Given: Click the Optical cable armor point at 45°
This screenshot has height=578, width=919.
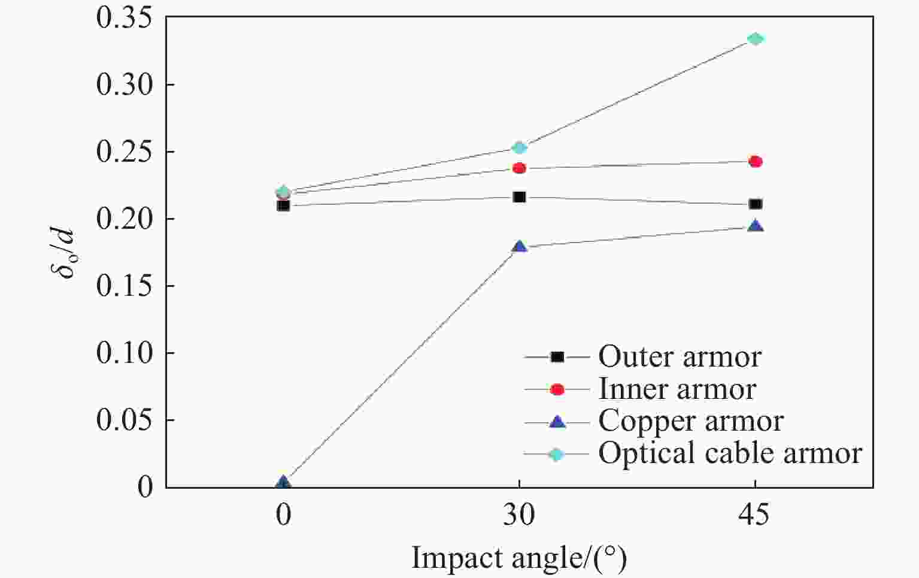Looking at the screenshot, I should pos(756,39).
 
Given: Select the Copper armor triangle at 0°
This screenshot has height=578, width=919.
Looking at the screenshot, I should pos(283,482).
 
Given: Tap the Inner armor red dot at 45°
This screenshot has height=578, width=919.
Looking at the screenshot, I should pos(756,161).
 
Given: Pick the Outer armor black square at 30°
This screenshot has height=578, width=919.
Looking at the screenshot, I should pos(519,197).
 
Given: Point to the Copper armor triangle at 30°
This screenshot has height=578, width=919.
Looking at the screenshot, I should pos(519,246).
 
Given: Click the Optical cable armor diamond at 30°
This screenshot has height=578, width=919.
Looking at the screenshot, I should pos(519,147).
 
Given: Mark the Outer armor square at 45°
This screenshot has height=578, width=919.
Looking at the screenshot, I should pos(756,204).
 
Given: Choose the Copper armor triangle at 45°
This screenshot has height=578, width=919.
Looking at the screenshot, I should pos(756,226).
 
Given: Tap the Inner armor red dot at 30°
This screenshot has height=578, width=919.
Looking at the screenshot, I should pos(519,168).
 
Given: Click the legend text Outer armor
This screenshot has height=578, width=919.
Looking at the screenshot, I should pos(680,357).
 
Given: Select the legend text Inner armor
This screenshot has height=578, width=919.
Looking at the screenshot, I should pos(677,389).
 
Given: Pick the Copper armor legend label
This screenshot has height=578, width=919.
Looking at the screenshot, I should pos(690,421).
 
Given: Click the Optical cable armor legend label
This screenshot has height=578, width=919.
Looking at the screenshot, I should pos(730,453).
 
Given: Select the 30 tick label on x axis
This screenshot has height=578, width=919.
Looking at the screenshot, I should pos(519,515).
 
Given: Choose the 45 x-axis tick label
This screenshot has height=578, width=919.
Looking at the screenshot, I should pos(756,515).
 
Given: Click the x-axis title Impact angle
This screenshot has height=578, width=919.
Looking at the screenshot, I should pos(518,559).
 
